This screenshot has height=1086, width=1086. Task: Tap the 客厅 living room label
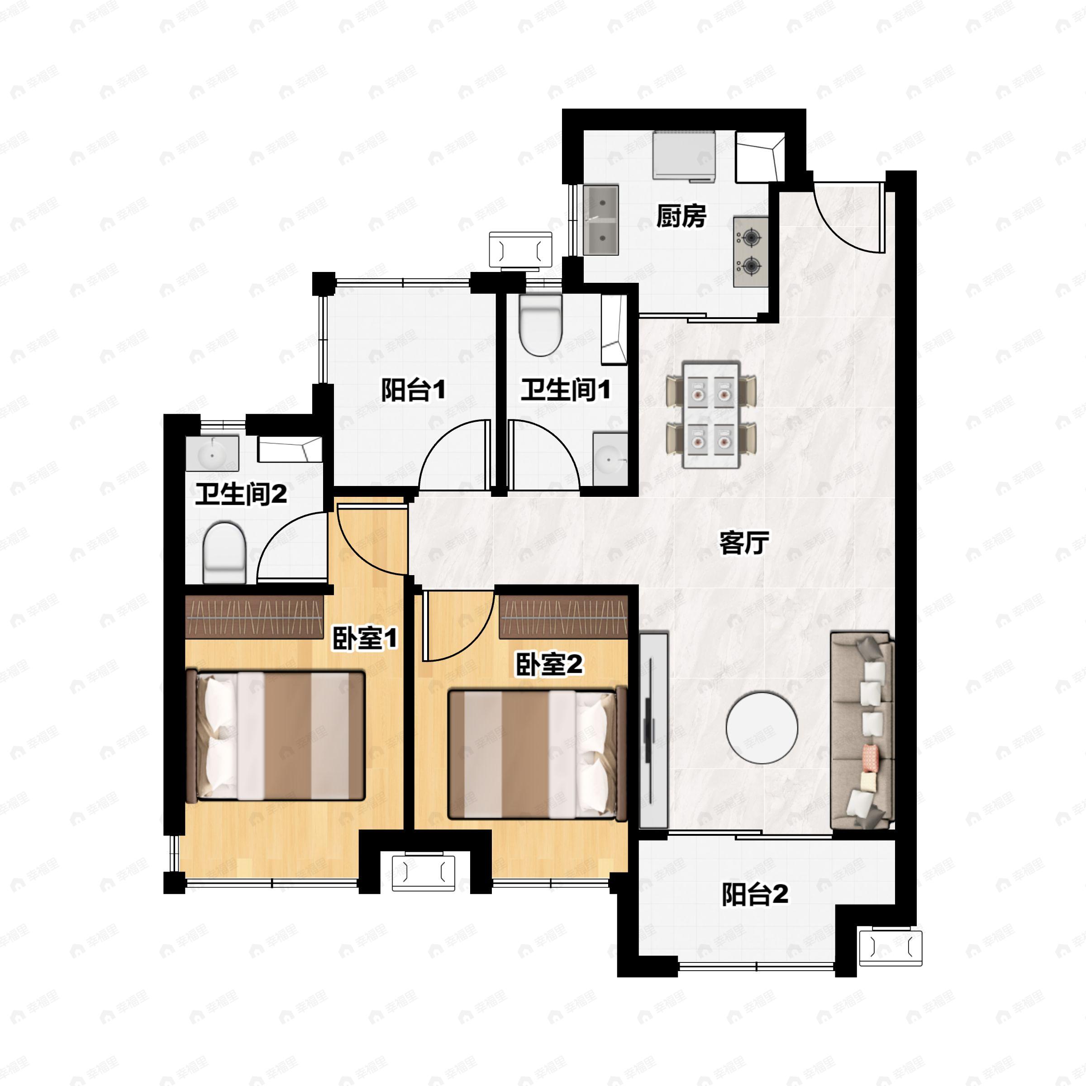[x=744, y=543]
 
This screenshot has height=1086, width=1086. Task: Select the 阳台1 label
[x=413, y=390]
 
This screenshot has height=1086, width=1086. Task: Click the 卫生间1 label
[x=565, y=390]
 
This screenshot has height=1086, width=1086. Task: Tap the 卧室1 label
[x=365, y=638]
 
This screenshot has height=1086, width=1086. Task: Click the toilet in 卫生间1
[x=540, y=325]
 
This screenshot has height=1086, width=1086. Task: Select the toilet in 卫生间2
[x=224, y=553]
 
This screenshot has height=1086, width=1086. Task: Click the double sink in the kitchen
[x=601, y=220]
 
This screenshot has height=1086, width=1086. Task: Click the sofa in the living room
[x=862, y=731]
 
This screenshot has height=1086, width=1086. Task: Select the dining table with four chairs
[x=710, y=415]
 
